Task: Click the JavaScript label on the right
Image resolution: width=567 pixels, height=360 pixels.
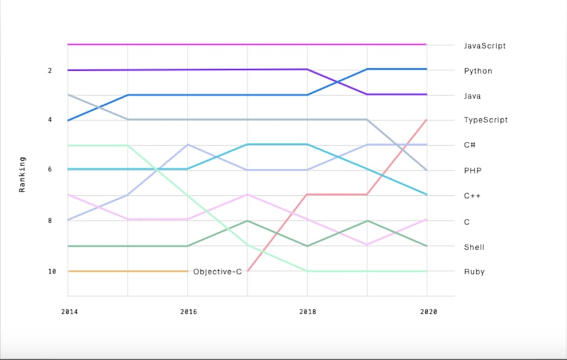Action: [485, 46]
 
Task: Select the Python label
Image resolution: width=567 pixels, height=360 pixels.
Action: [478, 71]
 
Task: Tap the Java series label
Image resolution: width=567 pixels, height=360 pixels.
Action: [473, 96]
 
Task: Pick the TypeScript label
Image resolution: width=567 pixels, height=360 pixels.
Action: [486, 120]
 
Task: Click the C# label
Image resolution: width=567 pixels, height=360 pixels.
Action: [469, 145]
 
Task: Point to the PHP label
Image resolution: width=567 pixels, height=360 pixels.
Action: [472, 170]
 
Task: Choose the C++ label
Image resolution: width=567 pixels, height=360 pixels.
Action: [471, 196]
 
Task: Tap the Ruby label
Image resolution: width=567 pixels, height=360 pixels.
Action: [474, 272]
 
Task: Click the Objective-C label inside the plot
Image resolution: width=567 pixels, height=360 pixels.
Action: [217, 272]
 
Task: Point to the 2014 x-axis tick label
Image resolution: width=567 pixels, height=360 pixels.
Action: [68, 312]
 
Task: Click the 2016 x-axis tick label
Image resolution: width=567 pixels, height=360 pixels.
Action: [188, 312]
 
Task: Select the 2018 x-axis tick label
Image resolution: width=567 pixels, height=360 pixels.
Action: [307, 312]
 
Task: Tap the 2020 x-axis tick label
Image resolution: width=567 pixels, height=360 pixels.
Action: [428, 312]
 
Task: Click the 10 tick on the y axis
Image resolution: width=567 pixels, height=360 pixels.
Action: [52, 272]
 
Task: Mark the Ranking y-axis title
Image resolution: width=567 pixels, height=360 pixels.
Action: [22, 175]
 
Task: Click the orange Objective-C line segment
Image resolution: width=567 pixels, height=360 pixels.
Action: [128, 271]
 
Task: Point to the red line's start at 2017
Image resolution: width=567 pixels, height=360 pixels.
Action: [248, 270]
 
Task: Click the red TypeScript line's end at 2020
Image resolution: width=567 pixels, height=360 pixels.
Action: [427, 120]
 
